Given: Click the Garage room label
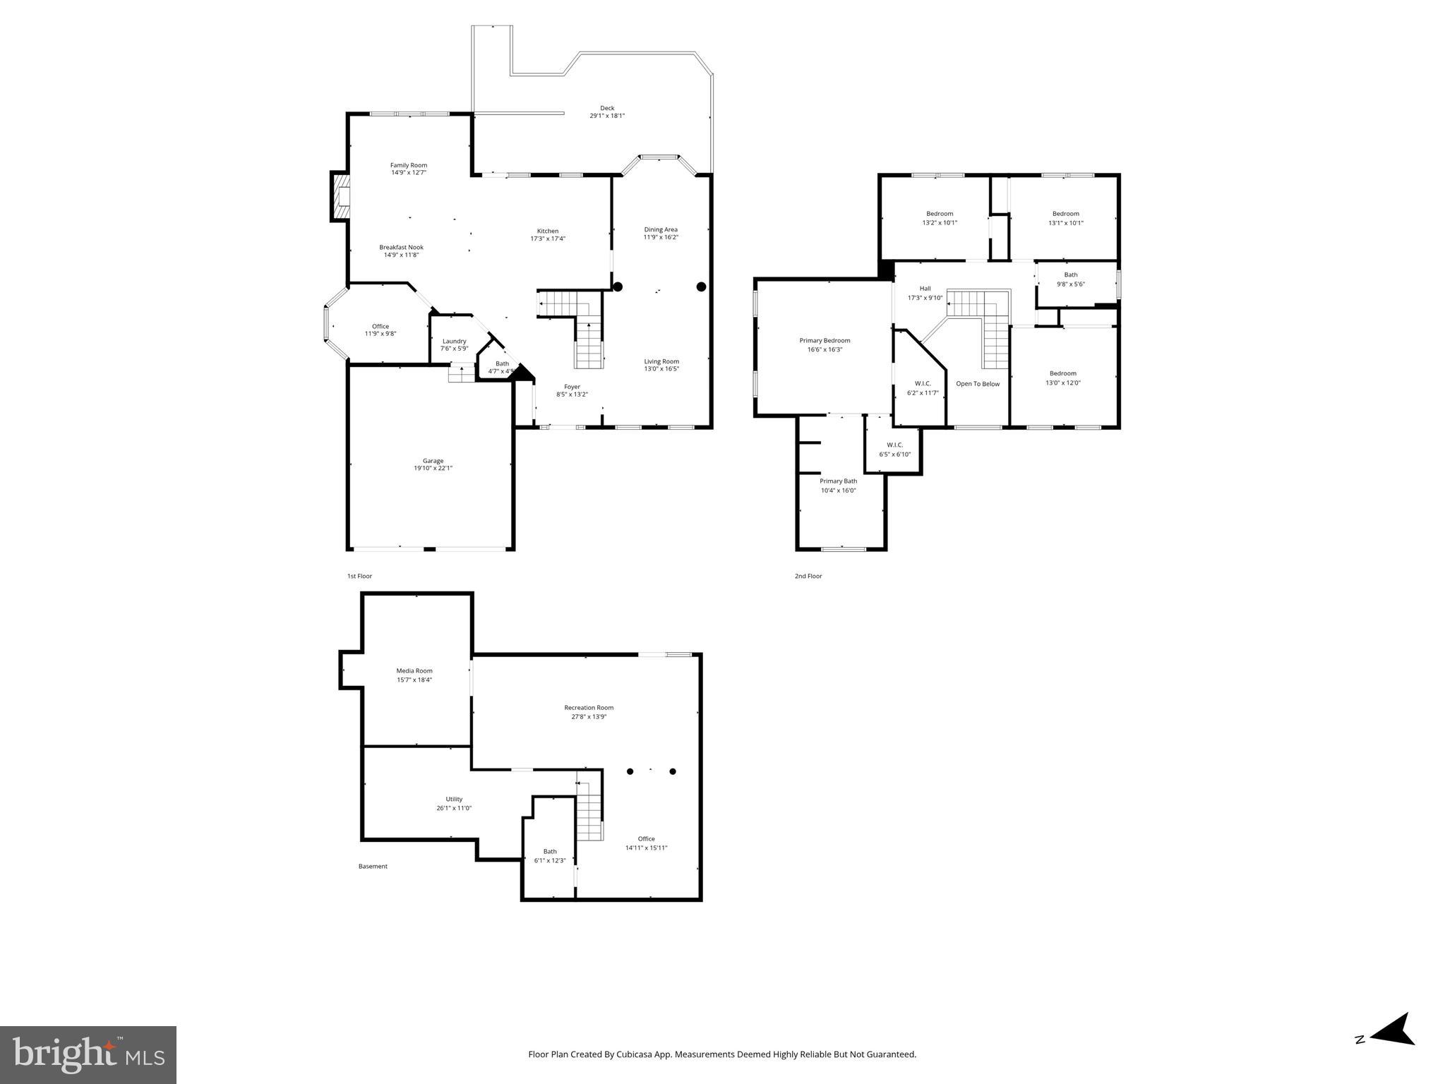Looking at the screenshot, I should [433, 461].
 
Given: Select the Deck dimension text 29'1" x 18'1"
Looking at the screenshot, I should [607, 116].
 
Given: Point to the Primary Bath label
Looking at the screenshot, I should [838, 481].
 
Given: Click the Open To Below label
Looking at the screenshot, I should [978, 384].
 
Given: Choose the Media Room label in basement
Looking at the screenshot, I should [414, 671].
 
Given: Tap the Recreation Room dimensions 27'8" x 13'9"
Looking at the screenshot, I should [589, 716].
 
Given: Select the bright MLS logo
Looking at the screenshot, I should [88, 1055].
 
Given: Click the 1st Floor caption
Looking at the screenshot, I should [359, 576].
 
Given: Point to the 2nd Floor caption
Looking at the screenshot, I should [808, 576].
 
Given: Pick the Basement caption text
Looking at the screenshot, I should [373, 867].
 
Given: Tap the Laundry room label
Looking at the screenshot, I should [454, 341].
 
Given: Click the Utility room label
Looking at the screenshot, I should [454, 799].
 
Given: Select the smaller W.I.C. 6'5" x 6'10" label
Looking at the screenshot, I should [894, 450].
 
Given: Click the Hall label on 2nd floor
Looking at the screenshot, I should [925, 289].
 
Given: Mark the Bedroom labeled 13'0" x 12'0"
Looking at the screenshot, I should [1062, 378].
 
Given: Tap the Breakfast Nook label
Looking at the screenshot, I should [401, 247].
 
